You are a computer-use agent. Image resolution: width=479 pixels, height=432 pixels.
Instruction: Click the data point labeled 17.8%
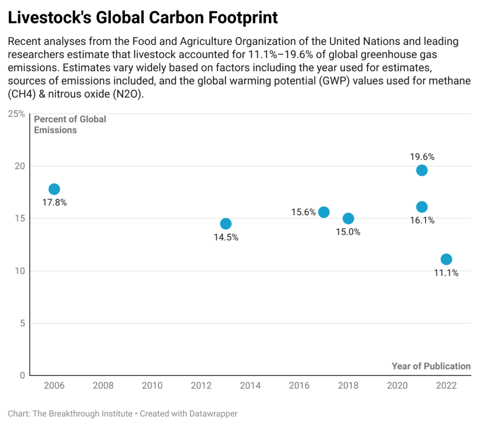(x=54, y=189)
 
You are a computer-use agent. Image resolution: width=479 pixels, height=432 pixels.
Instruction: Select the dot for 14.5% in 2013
(x=226, y=223)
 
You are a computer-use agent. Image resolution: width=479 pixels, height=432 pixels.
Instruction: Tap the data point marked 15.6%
(x=324, y=212)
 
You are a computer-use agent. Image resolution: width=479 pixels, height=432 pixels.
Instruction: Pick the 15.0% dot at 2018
(x=348, y=218)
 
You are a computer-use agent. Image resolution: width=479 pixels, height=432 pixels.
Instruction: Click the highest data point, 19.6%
(x=421, y=170)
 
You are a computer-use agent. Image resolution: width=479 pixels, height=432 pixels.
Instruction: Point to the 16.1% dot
(x=421, y=207)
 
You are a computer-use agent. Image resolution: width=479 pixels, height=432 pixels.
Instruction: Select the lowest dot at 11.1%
(x=446, y=259)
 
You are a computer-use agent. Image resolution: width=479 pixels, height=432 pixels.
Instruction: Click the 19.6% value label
(x=421, y=156)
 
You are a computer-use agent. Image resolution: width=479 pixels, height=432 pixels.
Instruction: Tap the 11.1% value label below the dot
(x=446, y=273)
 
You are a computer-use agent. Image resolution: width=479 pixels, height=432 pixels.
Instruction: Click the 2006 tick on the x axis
(x=54, y=386)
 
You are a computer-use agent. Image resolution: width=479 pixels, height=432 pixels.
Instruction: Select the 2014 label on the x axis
(x=250, y=386)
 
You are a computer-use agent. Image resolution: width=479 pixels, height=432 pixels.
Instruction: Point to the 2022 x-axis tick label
(x=446, y=386)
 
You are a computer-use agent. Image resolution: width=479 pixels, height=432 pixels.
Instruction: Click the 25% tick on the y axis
(x=17, y=113)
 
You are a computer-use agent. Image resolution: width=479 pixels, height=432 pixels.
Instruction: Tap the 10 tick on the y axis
(x=19, y=271)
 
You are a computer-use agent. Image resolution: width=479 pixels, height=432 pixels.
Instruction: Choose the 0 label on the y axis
(x=22, y=375)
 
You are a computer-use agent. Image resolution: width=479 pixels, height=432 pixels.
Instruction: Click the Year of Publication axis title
(x=431, y=366)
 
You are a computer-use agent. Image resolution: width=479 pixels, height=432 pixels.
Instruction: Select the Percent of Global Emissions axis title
(x=70, y=125)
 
